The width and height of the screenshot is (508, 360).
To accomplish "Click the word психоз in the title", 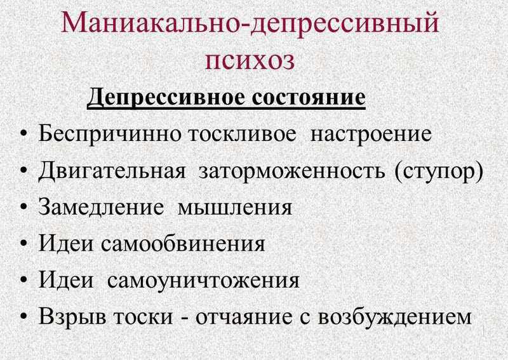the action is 250,60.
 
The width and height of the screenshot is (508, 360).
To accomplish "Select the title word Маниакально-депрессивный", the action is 250,23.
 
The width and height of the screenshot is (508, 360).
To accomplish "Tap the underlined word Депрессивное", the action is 166,98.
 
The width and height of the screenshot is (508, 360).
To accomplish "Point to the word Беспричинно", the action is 110,133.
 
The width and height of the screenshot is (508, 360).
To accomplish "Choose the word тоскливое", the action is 242,133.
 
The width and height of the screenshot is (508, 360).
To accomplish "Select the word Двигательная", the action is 112,171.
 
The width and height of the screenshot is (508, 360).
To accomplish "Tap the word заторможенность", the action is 292,170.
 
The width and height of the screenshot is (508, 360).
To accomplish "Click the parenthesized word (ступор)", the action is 439,171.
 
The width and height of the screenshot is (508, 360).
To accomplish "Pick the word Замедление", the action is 101,208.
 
